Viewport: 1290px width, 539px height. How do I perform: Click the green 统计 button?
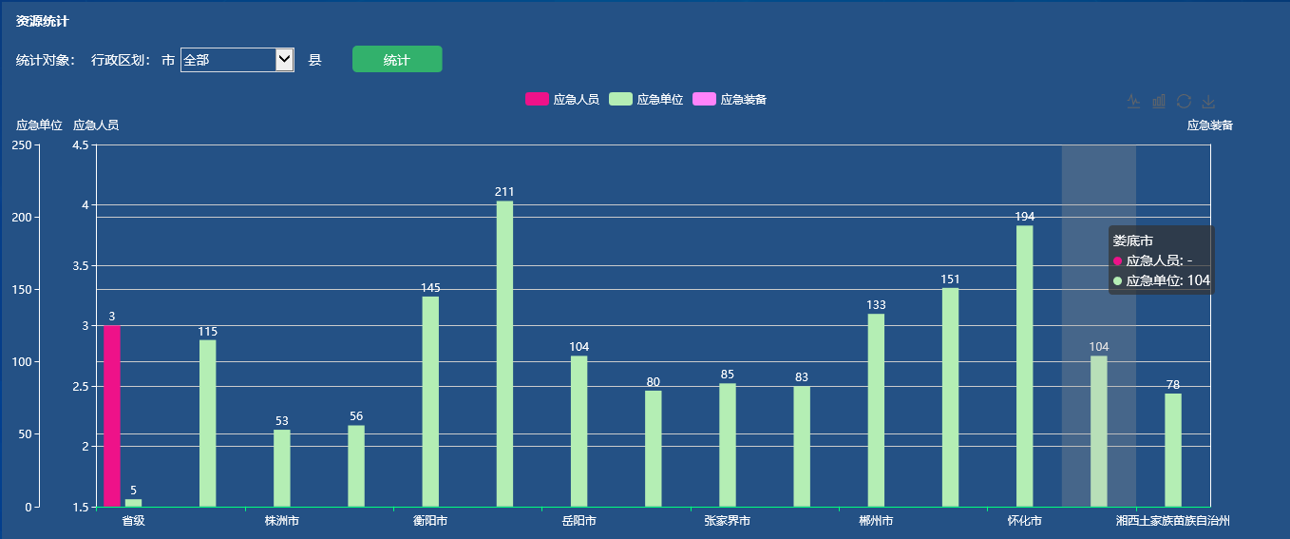(x=397, y=59)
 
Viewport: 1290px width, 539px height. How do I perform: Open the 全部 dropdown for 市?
(x=237, y=60)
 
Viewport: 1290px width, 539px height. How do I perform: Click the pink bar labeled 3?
(x=112, y=415)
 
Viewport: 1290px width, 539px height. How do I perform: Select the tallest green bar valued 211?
(x=504, y=353)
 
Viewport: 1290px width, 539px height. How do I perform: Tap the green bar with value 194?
(x=1024, y=365)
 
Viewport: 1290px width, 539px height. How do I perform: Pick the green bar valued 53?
(x=282, y=468)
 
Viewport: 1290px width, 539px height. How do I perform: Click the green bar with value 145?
(x=430, y=401)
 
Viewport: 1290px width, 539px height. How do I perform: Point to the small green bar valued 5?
(x=133, y=502)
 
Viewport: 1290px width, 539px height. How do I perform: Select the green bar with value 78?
(x=1173, y=450)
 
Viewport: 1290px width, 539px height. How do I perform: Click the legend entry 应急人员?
(x=562, y=100)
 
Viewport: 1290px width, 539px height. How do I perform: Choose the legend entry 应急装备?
(x=730, y=100)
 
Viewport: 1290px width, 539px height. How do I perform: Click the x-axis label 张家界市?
(x=728, y=521)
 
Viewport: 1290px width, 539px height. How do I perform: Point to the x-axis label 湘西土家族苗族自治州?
(x=1173, y=521)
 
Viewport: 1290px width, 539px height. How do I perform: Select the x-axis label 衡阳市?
(x=430, y=521)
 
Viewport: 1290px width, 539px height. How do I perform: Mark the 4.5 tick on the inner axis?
(x=80, y=144)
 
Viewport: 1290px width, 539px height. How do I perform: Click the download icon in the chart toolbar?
(x=1208, y=102)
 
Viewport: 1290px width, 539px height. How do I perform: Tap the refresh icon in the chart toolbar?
(x=1184, y=102)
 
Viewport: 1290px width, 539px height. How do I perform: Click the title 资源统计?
(x=43, y=21)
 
